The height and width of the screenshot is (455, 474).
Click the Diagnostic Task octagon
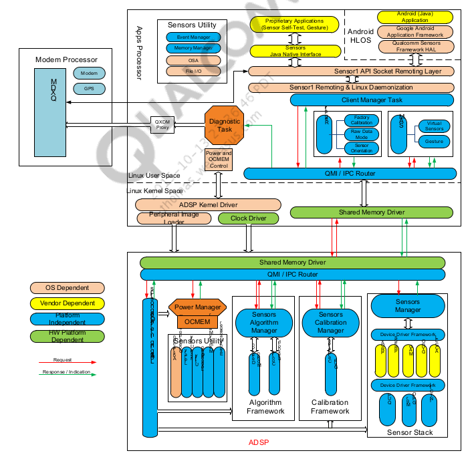[223, 126]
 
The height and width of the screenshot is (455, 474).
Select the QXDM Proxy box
[162, 124]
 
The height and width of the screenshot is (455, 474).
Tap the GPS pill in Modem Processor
[90, 88]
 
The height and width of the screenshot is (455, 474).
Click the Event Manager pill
[193, 37]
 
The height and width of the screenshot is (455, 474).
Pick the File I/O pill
[193, 70]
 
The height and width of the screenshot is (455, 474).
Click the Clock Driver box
[248, 218]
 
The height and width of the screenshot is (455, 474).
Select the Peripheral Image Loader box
[170, 218]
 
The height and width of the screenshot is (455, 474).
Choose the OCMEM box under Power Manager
[198, 322]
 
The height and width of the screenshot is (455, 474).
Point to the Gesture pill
[434, 141]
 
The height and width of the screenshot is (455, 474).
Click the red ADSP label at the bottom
[258, 442]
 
